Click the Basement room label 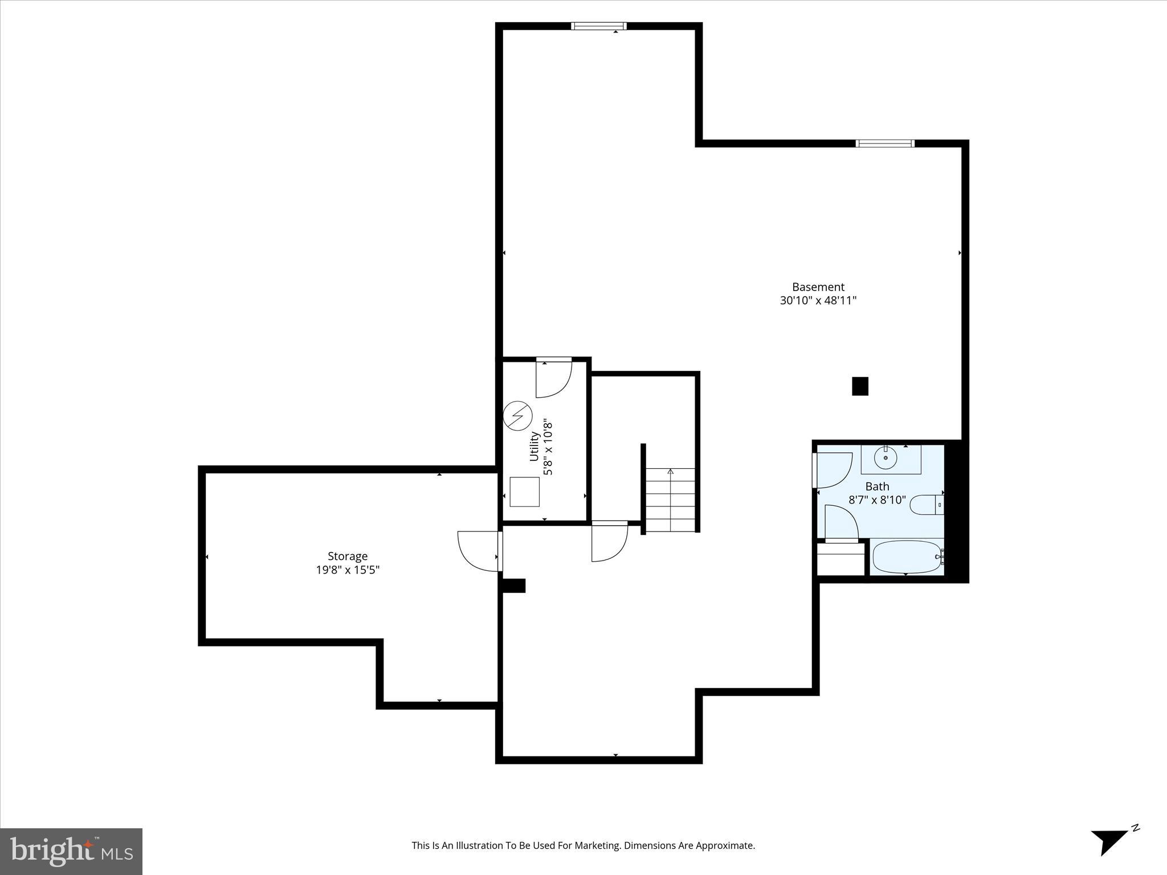click(818, 287)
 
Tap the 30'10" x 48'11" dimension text click(818, 301)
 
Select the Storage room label click(348, 556)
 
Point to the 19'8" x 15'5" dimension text click(348, 570)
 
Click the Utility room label click(534, 447)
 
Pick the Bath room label click(877, 486)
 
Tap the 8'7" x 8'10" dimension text click(877, 500)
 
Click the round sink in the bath click(886, 457)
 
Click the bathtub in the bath click(906, 558)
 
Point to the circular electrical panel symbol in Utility click(517, 416)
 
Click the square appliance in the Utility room click(524, 492)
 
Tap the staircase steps click(670, 500)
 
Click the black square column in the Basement click(860, 386)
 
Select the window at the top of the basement click(598, 26)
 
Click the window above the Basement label click(885, 144)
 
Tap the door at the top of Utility click(553, 377)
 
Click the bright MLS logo click(71, 852)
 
